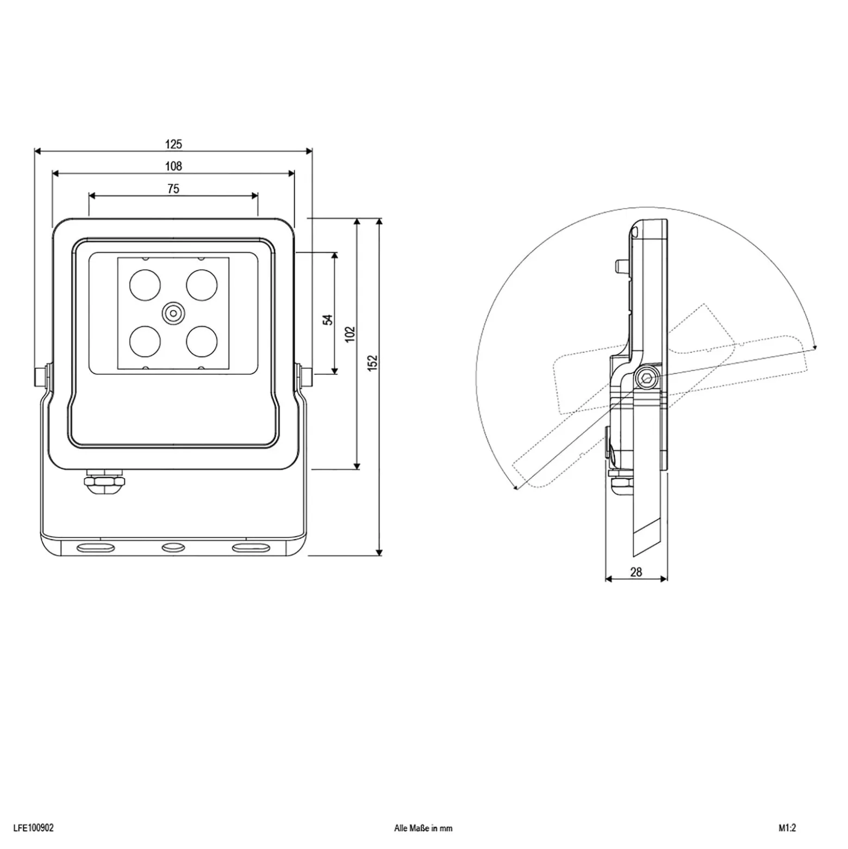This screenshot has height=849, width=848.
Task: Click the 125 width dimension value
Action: [173, 144]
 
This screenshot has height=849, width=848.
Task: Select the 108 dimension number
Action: [173, 166]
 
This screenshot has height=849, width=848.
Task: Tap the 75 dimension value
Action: [173, 189]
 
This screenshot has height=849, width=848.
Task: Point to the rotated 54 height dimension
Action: [328, 320]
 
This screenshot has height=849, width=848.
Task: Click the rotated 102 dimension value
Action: [350, 333]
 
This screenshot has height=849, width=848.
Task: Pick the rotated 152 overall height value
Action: [372, 363]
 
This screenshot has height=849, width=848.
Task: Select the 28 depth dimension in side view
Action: [636, 572]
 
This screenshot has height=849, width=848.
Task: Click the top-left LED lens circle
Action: [145, 284]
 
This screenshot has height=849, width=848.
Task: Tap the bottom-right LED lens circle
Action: [202, 341]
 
